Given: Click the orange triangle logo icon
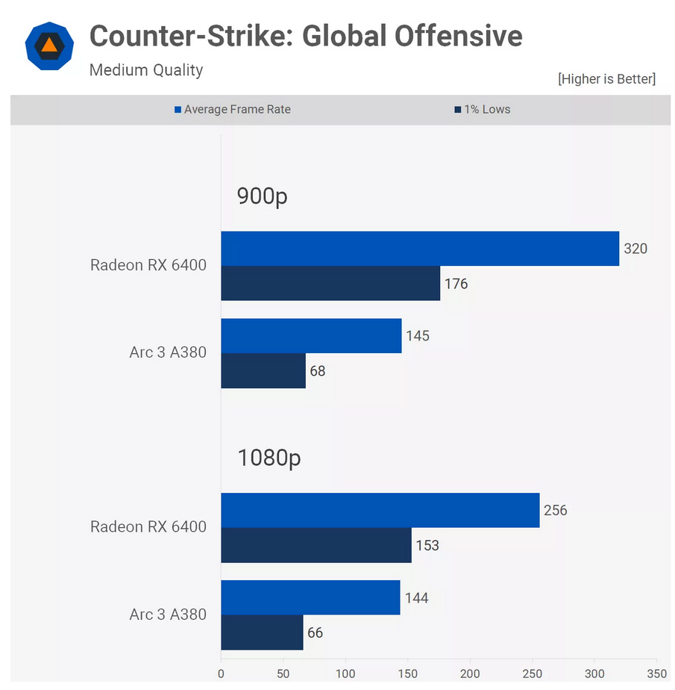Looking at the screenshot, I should [49, 46].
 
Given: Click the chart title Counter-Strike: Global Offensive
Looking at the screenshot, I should [306, 36].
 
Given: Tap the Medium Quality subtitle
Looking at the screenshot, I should [146, 70].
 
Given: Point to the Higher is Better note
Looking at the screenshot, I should [606, 78].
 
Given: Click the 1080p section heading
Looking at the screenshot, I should [269, 458].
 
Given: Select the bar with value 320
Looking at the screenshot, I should [420, 249].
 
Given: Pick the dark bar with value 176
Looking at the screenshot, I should [330, 283].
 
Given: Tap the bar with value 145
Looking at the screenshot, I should [311, 336].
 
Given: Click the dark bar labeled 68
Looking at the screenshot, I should [263, 370].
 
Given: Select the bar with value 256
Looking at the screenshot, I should [380, 510].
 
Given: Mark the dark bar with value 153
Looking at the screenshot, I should [316, 545].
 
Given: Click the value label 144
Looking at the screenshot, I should [416, 598].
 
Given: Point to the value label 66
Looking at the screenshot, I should [315, 632].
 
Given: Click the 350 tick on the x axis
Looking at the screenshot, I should [656, 673].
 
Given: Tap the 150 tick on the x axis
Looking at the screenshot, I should [408, 673].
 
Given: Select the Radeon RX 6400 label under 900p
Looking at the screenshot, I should [148, 265].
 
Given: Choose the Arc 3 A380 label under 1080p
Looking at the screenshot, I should [168, 615].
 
